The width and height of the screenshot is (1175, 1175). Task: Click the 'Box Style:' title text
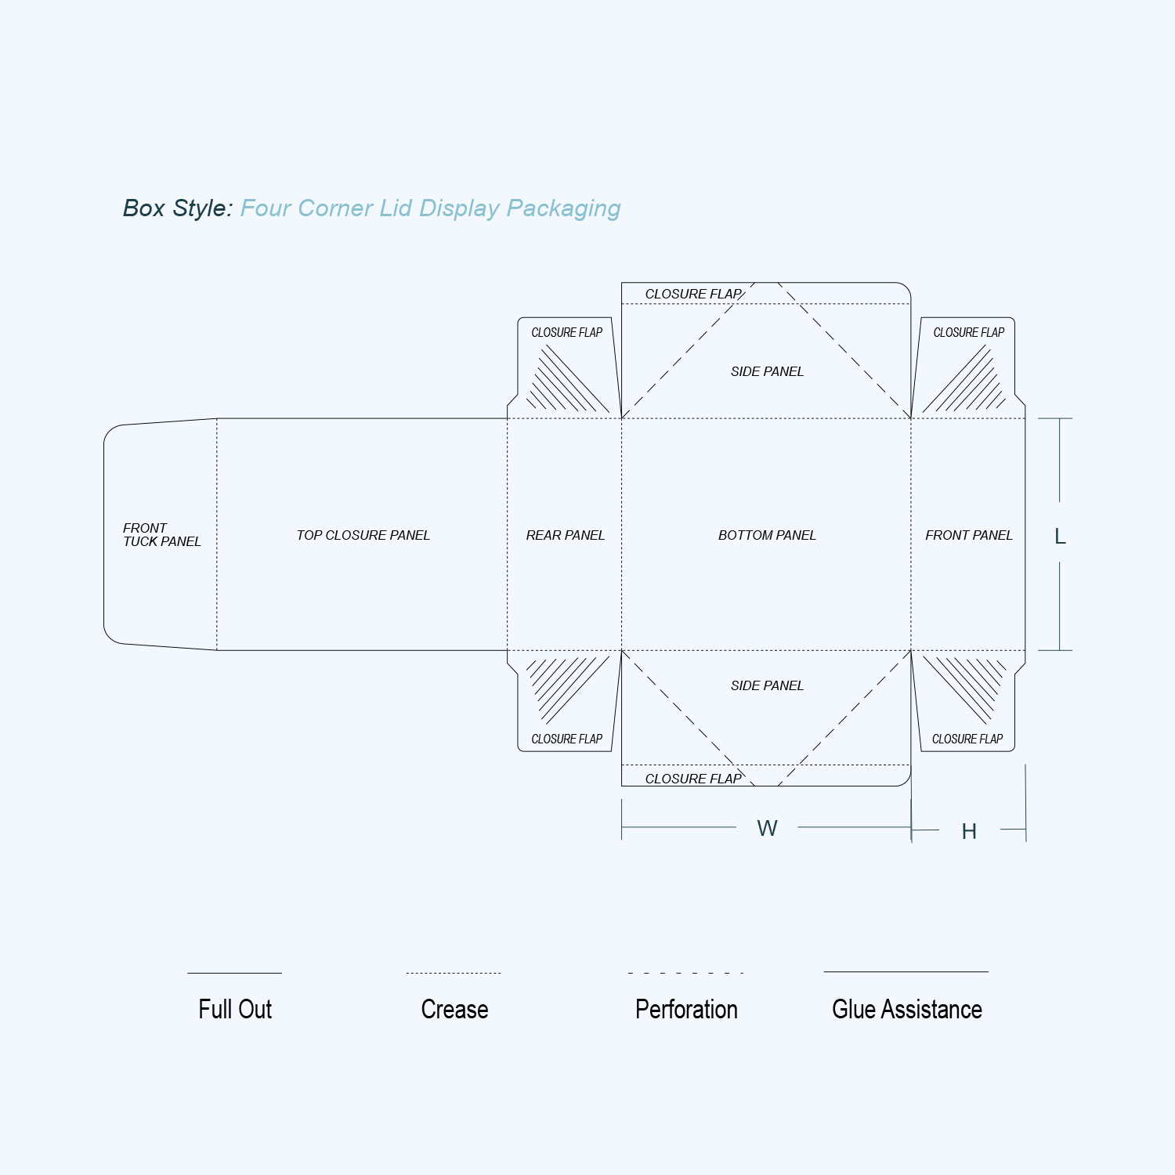tap(178, 208)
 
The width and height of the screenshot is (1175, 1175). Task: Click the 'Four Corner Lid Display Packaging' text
tap(430, 208)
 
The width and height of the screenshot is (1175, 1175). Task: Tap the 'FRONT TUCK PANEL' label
tap(161, 535)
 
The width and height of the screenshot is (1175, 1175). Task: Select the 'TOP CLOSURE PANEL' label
tap(363, 535)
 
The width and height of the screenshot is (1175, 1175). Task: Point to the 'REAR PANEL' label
tap(565, 535)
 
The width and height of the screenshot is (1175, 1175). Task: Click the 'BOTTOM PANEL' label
tap(767, 535)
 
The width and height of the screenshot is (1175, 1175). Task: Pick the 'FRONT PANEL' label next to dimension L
tap(968, 535)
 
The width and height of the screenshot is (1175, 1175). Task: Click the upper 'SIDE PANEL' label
tap(767, 371)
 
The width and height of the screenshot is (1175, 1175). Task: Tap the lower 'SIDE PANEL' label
tap(767, 685)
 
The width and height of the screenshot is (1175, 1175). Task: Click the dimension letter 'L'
tap(1060, 537)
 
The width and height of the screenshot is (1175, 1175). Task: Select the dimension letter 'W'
tap(767, 828)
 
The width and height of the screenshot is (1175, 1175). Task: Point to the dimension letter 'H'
tap(969, 831)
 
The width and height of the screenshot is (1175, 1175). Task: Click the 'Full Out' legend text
tap(235, 1009)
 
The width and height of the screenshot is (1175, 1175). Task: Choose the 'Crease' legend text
tap(454, 1009)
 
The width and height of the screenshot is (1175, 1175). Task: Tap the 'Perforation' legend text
tap(686, 1009)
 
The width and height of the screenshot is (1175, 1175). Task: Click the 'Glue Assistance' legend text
tap(907, 1009)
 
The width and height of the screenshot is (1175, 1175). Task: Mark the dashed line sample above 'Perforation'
tap(685, 973)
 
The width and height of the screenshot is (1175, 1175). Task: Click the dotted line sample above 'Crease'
tap(454, 973)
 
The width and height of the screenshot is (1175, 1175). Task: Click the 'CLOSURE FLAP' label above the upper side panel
tap(693, 294)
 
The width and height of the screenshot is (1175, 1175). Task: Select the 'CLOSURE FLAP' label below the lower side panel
tap(693, 779)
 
